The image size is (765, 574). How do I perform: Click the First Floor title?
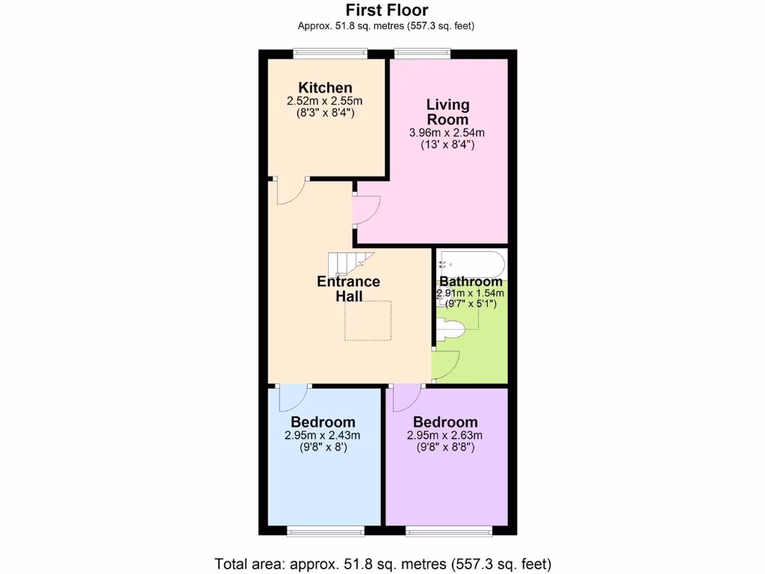(x=386, y=10)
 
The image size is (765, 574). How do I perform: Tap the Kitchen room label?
(x=325, y=87)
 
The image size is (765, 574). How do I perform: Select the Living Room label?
(x=447, y=111)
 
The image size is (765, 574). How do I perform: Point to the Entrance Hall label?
(x=348, y=288)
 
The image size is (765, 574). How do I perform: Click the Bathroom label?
(x=471, y=282)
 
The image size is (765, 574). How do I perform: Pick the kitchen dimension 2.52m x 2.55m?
(x=325, y=101)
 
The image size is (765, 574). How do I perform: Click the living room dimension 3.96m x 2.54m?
(x=447, y=133)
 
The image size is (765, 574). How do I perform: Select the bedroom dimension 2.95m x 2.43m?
(x=323, y=436)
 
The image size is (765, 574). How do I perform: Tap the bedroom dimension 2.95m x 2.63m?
(x=445, y=436)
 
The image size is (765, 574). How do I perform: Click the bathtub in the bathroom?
(x=471, y=265)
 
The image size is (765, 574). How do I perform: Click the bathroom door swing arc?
(x=447, y=365)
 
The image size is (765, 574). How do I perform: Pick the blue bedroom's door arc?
(x=294, y=398)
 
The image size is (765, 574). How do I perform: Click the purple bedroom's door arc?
(x=406, y=398)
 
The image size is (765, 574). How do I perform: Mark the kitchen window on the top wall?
(x=329, y=53)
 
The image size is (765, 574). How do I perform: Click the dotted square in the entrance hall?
(x=368, y=321)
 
